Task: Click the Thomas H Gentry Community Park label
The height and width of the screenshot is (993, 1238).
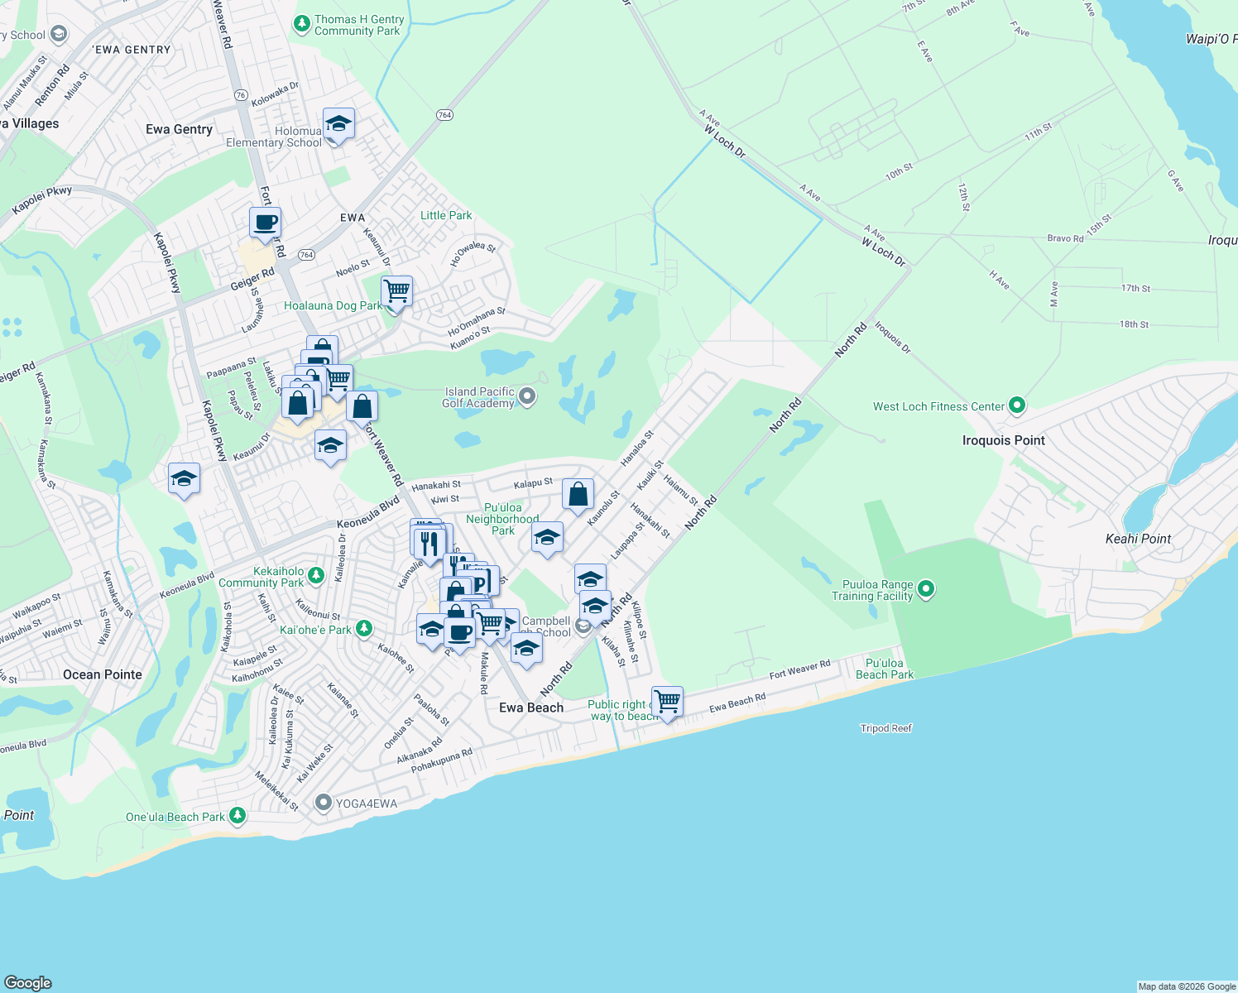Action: [359, 26]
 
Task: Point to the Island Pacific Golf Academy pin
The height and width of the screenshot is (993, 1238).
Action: [527, 397]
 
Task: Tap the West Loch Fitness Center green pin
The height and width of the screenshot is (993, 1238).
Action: [1018, 405]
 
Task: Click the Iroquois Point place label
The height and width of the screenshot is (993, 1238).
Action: [1003, 440]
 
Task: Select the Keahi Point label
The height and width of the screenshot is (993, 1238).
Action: [1138, 539]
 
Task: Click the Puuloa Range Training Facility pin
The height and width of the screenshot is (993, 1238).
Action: [926, 589]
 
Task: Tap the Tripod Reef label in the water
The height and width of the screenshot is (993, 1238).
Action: [885, 728]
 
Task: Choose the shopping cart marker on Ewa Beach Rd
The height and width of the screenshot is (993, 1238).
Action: [667, 702]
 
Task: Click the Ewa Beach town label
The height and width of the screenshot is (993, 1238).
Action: [531, 708]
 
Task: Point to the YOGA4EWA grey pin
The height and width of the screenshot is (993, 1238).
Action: [324, 803]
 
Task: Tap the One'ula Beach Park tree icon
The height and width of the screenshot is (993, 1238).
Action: [238, 816]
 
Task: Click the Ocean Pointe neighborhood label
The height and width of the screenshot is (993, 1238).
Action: [103, 674]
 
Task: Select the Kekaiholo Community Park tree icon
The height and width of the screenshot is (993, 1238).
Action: [315, 575]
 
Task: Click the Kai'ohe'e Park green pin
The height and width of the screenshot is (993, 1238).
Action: [363, 629]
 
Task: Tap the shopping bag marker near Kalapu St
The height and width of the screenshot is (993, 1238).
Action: [578, 495]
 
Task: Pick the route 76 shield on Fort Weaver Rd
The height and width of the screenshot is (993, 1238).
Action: [241, 95]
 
